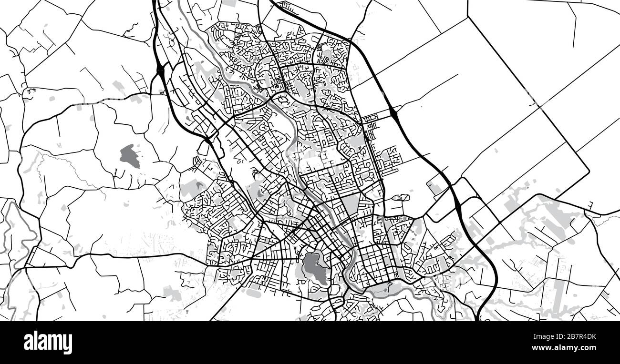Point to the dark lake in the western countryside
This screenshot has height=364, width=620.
(130, 156)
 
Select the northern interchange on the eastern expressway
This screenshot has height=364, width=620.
(394, 113)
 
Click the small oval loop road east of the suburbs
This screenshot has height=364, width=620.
(403, 197)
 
